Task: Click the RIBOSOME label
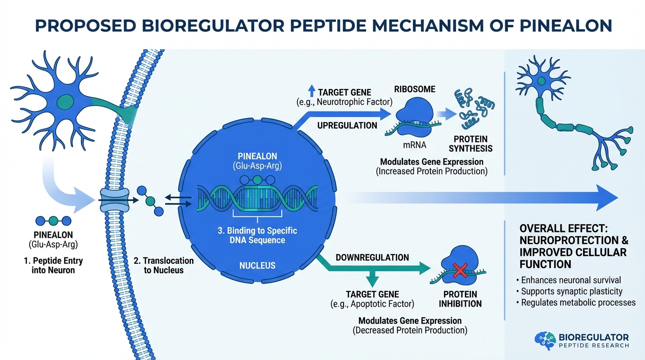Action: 414,89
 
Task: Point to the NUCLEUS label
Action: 257,266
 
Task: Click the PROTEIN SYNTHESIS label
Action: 470,143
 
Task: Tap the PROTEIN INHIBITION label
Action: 460,299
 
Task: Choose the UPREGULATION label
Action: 347,125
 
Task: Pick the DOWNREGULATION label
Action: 372,257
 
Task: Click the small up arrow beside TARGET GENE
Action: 312,91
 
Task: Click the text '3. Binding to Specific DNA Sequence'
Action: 257,235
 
